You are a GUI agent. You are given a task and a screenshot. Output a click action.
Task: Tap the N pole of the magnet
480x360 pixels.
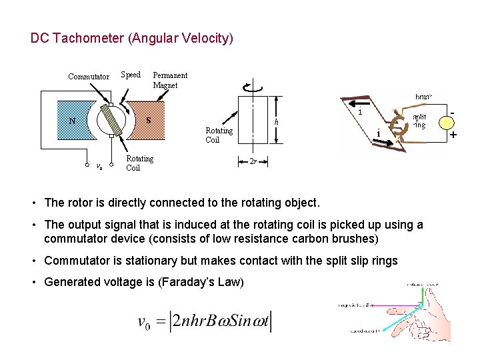(72, 121)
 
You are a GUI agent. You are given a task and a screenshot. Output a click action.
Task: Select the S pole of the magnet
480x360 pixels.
(148, 121)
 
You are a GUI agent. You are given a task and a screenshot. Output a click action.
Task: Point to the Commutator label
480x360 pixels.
(89, 77)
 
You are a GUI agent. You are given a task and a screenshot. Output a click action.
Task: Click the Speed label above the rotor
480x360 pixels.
(131, 75)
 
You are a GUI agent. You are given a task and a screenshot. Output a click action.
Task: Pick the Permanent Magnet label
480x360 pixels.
(170, 80)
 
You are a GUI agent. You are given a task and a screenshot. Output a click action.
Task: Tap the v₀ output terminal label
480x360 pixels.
(99, 166)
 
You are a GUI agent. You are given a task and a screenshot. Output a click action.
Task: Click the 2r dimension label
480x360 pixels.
(253, 161)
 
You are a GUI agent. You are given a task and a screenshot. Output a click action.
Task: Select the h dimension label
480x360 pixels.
(277, 122)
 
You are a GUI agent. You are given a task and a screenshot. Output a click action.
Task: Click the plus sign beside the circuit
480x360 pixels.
(453, 135)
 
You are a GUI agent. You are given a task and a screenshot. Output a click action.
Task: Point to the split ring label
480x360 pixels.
(419, 121)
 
